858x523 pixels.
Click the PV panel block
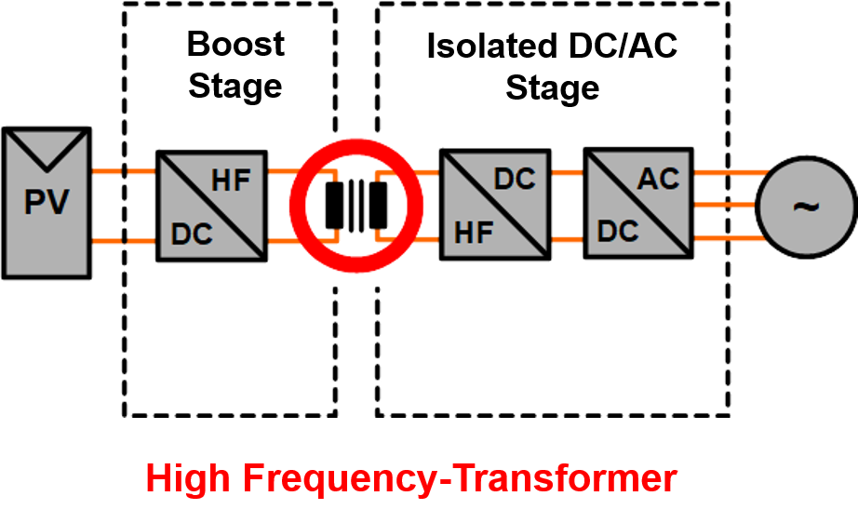tap(47, 201)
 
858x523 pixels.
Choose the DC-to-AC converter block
tap(637, 202)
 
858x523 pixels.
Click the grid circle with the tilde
tap(805, 206)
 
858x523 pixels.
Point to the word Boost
tap(235, 44)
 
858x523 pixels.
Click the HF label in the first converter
tap(232, 180)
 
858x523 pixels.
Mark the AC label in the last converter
tap(659, 178)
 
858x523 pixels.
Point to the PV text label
tap(47, 202)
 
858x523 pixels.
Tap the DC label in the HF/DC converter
tap(515, 179)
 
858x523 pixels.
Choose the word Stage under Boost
tap(235, 86)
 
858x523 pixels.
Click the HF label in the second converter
tap(473, 233)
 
